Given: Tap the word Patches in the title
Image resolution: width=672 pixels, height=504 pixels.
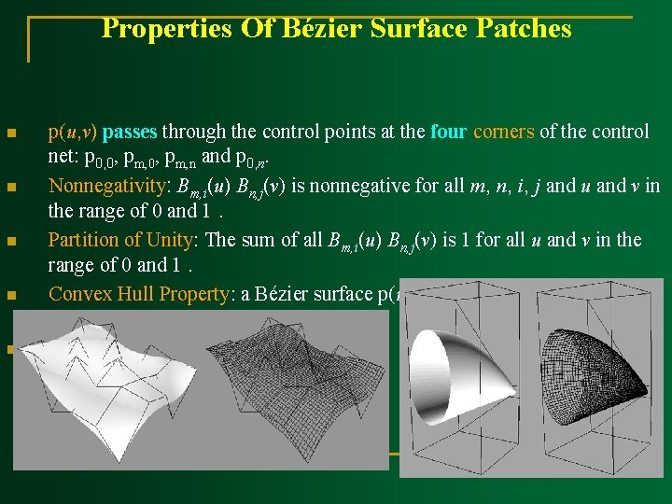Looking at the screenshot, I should [x=525, y=29].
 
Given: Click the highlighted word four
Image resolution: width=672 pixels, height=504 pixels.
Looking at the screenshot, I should [x=449, y=132].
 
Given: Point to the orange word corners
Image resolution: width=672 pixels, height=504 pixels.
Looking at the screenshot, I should [x=504, y=132].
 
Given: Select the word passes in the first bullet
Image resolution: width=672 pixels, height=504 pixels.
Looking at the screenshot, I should [x=130, y=132].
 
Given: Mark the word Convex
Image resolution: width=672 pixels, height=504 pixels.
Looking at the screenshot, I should [x=80, y=294].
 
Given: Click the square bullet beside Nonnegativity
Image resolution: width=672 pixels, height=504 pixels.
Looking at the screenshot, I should [x=11, y=188].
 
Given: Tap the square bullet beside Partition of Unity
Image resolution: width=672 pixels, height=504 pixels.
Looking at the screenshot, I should [x=11, y=242].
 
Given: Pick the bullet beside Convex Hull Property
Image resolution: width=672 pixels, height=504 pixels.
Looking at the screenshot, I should [x=11, y=296].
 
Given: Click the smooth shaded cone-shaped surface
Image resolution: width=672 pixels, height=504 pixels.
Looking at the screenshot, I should [x=467, y=373].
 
